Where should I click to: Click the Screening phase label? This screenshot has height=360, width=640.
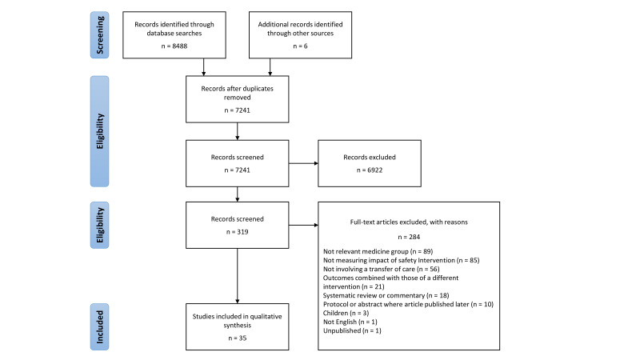99,35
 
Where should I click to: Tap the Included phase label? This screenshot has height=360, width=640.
99,327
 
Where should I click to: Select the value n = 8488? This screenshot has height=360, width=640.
174,46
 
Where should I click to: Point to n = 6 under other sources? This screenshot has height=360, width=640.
301,46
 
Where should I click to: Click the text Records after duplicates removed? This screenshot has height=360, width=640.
237,93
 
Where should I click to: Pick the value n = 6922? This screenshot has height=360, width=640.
370,170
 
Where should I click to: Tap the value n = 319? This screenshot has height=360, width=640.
237,232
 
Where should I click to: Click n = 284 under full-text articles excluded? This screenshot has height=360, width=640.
409,237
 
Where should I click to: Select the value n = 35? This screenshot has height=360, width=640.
237,338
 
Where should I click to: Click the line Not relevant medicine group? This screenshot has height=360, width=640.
378,251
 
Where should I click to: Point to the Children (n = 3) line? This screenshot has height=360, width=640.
346,313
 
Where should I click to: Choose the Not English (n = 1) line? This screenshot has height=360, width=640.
350,322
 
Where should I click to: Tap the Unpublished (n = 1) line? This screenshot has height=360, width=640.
352,330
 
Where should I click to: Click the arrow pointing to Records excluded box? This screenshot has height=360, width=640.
303,163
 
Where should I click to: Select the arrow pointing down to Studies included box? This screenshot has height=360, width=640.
237,276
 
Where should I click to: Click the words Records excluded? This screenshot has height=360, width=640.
370,157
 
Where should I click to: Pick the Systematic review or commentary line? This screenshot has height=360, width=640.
386,295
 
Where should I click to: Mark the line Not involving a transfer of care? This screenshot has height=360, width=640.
382,269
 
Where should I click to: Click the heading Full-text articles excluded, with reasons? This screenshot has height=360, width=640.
409,222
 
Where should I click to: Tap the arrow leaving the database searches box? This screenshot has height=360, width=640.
204,67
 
